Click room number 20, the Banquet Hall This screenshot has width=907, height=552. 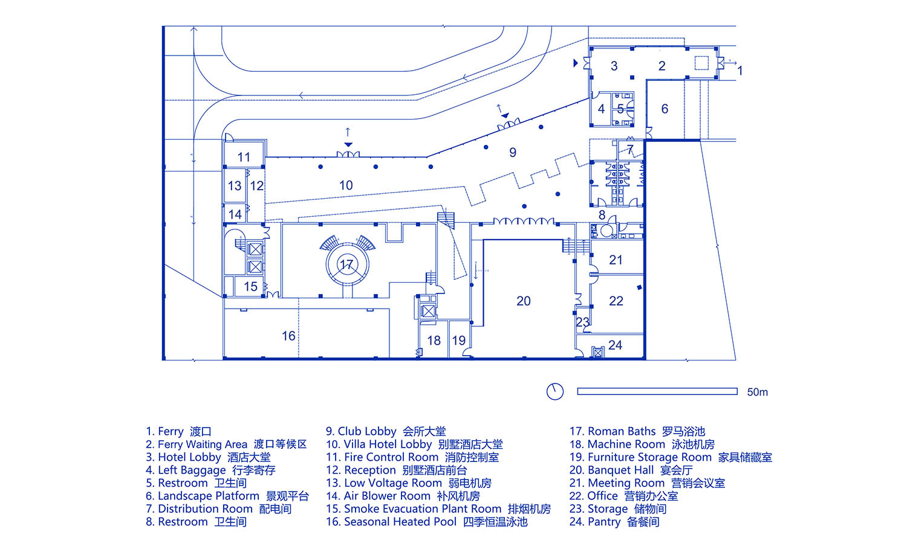(524, 301)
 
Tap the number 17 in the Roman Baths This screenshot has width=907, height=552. (346, 265)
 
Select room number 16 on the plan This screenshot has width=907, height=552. (288, 336)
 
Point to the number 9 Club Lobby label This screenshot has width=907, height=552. (513, 152)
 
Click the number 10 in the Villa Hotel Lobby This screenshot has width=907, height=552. (346, 185)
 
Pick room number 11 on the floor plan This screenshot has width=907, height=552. (244, 157)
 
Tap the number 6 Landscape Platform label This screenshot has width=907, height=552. (665, 109)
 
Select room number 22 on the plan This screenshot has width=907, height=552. (616, 301)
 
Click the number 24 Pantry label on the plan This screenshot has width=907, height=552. (615, 345)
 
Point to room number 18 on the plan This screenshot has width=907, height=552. (434, 341)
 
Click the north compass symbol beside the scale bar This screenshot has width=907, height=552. (554, 391)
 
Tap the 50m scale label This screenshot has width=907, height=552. (757, 392)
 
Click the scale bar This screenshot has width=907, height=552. (657, 391)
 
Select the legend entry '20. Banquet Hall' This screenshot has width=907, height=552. (631, 470)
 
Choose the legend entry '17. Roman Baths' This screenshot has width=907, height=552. (637, 431)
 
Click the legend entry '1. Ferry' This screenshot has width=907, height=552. (178, 431)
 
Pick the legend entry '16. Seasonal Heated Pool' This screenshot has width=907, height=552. (426, 522)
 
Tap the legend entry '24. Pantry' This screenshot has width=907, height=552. (614, 522)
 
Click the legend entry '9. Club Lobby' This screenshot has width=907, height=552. (386, 431)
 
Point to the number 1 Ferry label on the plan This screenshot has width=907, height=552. (740, 71)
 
